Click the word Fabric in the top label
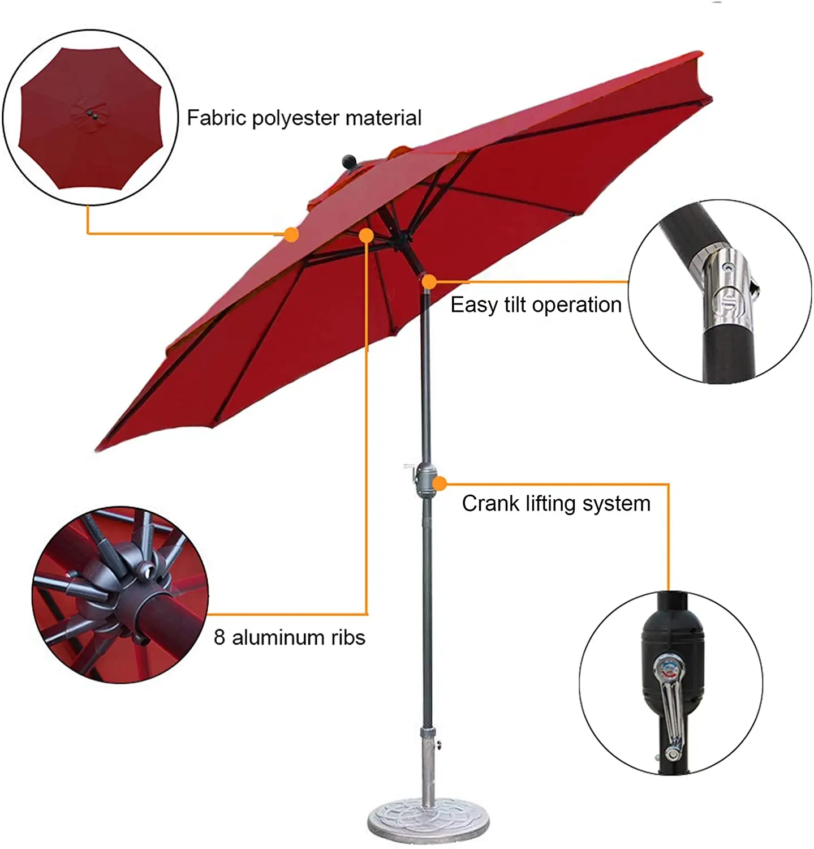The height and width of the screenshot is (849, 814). (216, 118)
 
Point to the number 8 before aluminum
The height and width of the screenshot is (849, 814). (219, 637)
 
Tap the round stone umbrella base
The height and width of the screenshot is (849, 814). (418, 818)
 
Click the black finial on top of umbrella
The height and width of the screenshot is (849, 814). (351, 161)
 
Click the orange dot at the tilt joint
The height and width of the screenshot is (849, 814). (429, 281)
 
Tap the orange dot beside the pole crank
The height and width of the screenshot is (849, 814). (440, 483)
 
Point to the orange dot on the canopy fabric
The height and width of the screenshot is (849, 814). (291, 234)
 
